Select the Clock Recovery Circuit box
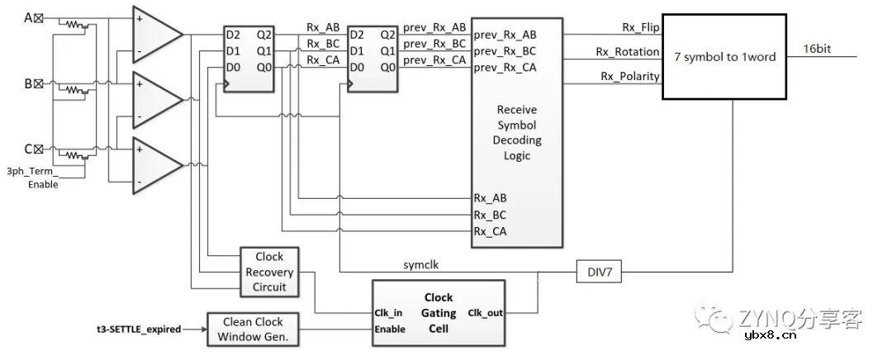pos(269,272)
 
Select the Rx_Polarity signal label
pos(630,77)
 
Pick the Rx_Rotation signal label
pos(629,52)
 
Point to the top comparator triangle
pos(157,34)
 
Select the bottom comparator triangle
pos(157,165)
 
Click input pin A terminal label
pos(34,18)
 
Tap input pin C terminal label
pos(33,149)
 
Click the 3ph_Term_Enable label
pos(33,178)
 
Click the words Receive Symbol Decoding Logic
pos(517,132)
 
